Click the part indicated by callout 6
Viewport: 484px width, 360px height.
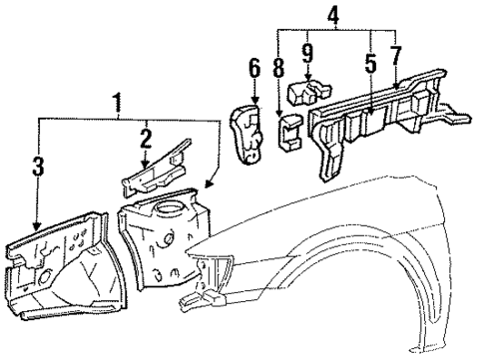(x=247, y=130)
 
